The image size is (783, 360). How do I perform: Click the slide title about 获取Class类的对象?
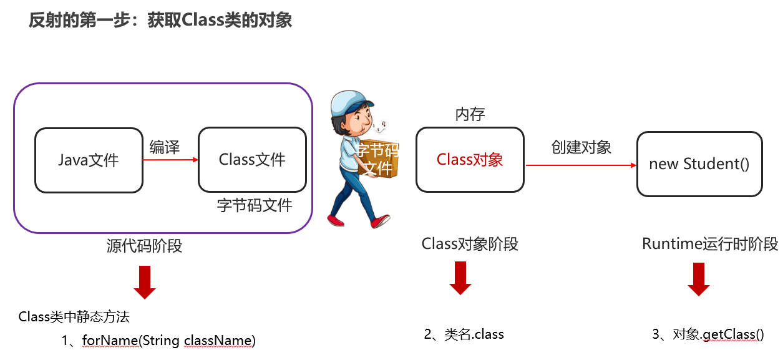(x=160, y=21)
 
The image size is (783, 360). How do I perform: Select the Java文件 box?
(x=89, y=160)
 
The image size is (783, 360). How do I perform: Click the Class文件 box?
(x=252, y=160)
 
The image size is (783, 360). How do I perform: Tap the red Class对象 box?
(x=470, y=160)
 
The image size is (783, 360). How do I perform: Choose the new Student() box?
(x=699, y=163)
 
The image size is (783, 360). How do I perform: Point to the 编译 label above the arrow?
(x=165, y=147)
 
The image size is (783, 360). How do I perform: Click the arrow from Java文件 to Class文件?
(x=170, y=160)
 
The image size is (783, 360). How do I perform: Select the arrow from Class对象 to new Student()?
(x=580, y=165)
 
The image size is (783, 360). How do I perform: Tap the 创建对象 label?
(x=581, y=147)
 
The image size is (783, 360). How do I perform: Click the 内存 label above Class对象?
(x=470, y=114)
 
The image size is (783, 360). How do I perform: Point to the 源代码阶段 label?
(x=144, y=246)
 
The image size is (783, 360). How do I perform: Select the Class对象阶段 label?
(x=470, y=244)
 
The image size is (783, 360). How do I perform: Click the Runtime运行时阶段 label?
(x=710, y=244)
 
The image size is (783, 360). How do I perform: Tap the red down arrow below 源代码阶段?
(x=145, y=282)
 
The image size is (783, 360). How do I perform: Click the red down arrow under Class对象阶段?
(x=460, y=278)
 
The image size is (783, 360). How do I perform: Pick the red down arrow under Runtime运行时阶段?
(x=699, y=279)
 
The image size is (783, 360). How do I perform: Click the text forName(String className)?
(x=168, y=341)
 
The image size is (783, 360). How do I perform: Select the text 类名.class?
(x=474, y=334)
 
